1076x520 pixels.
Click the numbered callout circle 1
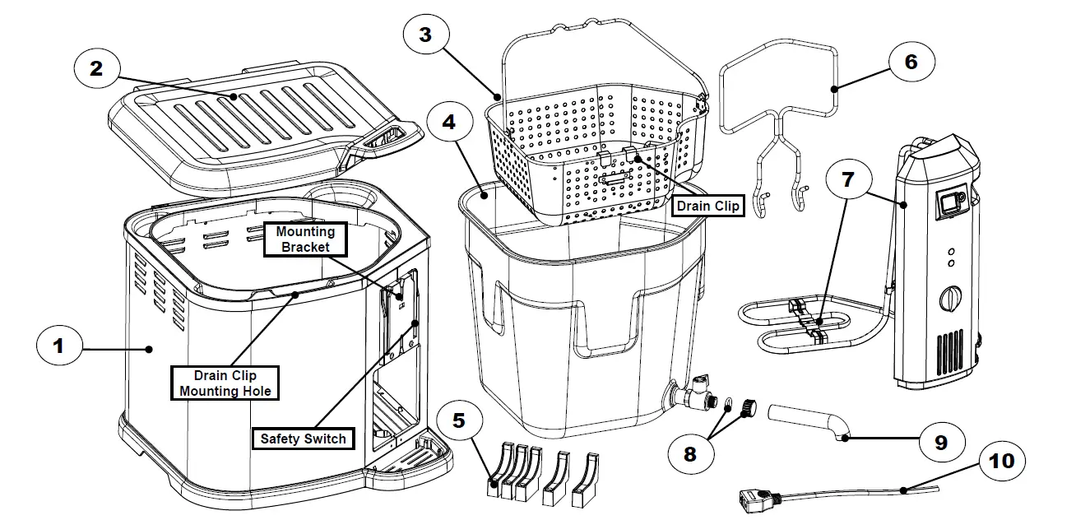point(58,347)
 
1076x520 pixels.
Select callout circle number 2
point(96,68)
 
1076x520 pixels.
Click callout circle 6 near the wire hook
point(910,62)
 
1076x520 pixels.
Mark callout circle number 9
point(939,443)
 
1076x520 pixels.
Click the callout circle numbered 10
point(1002,461)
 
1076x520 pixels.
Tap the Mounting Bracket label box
point(304,239)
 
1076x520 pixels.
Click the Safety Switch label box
point(304,439)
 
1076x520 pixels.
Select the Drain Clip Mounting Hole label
point(225,383)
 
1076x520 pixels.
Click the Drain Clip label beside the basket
point(707,205)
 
